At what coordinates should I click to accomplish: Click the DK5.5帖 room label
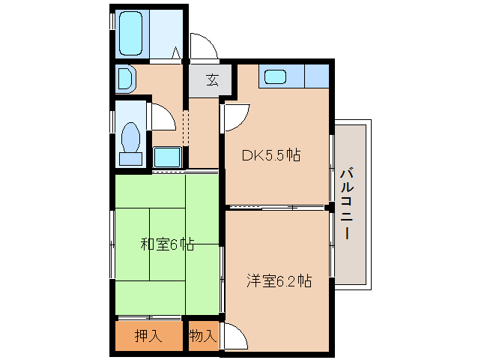[x=270, y=156]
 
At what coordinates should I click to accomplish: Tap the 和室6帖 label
[x=168, y=244]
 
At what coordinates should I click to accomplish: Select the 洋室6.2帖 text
[x=279, y=281]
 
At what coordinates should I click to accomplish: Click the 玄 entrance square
[x=211, y=80]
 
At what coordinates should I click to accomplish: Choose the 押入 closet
[x=148, y=335]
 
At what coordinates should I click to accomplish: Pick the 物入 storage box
[x=202, y=335]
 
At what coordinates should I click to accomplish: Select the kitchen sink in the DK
[x=274, y=76]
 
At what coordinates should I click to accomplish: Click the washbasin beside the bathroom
[x=125, y=78]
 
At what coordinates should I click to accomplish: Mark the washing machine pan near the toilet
[x=167, y=157]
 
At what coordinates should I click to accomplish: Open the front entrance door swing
[x=202, y=46]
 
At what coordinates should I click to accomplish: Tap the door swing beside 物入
[x=232, y=335]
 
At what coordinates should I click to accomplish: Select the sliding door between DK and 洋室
[x=277, y=206]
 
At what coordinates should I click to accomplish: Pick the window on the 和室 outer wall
[x=112, y=244]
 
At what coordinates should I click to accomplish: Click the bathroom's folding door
[x=178, y=53]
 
